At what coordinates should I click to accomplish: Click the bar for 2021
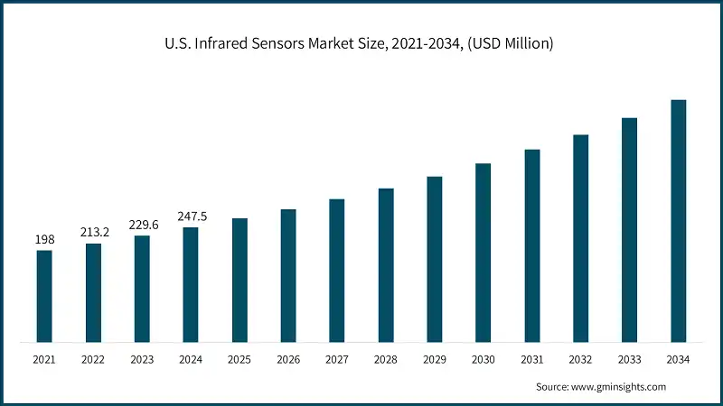pyautogui.click(x=44, y=296)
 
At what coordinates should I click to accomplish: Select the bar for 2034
pyautogui.click(x=678, y=221)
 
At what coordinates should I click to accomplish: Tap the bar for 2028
pyautogui.click(x=386, y=265)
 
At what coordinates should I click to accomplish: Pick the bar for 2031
pyautogui.click(x=531, y=245)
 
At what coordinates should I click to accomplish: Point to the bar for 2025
pyautogui.click(x=239, y=280)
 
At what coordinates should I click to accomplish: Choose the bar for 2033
pyautogui.click(x=629, y=230)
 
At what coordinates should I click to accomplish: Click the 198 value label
pyautogui.click(x=44, y=239)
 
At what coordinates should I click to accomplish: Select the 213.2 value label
pyautogui.click(x=93, y=232)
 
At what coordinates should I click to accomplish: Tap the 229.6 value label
pyautogui.click(x=142, y=224)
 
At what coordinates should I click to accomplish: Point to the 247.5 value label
pyautogui.click(x=191, y=216)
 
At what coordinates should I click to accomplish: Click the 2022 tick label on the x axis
pyautogui.click(x=93, y=359)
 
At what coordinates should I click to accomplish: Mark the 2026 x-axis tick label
pyautogui.click(x=288, y=359)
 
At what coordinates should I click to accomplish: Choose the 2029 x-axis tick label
pyautogui.click(x=435, y=359)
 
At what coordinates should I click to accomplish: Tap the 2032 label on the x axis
pyautogui.click(x=580, y=359)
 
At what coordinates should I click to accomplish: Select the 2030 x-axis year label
pyautogui.click(x=484, y=359)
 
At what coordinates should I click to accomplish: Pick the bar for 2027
pyautogui.click(x=337, y=271)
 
